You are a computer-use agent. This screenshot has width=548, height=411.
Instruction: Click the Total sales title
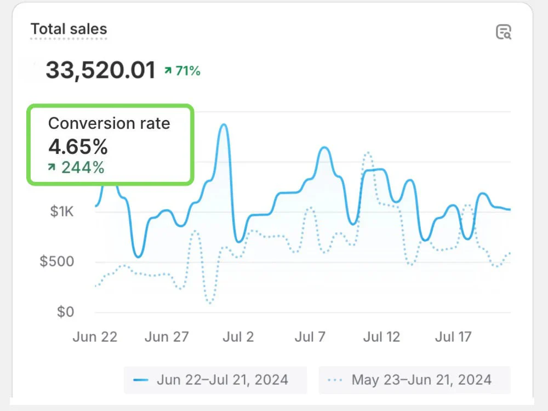coord(68,29)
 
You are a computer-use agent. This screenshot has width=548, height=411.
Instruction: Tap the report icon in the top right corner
coord(503,32)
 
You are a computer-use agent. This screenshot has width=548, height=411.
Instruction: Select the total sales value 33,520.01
coord(100,70)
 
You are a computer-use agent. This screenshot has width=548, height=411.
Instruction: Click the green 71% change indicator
coord(182,70)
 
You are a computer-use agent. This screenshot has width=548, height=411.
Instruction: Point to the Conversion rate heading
coord(109,123)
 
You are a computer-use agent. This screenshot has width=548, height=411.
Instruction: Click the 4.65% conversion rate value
coord(78,146)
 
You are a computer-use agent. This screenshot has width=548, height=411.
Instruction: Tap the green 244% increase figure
coord(77,167)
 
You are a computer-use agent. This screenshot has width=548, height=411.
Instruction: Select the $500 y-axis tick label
coord(57,261)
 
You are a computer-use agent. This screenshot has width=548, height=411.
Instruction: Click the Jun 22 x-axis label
coord(95,336)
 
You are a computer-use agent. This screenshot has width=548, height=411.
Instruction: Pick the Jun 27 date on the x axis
coord(167,336)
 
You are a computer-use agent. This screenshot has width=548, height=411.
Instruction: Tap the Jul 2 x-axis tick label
coord(238,336)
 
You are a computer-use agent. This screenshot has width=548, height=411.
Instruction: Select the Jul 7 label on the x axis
coord(310,336)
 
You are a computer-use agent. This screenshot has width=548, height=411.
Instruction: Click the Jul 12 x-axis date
coord(382,336)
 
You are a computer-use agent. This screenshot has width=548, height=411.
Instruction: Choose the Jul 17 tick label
coord(453,336)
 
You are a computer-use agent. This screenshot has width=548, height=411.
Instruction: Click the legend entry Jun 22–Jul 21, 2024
coord(215,380)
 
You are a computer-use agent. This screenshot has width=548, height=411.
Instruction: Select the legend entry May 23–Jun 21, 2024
coord(414,380)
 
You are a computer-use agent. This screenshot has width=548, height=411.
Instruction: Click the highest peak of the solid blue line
coord(223,125)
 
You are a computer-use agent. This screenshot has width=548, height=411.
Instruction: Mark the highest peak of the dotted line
coord(367,153)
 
